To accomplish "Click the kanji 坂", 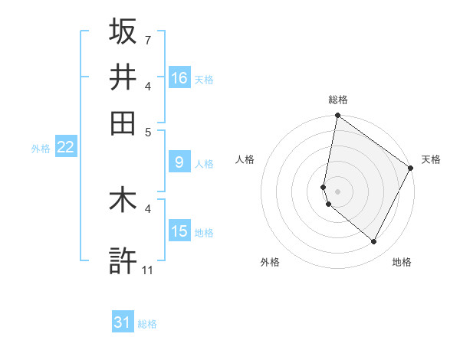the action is tap(123, 31).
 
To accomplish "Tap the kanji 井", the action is tap(123, 77).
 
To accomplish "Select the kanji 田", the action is tap(123, 123).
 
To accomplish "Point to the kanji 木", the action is tap(123, 201).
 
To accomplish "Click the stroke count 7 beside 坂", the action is tap(147, 39).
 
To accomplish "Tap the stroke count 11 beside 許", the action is tap(148, 270).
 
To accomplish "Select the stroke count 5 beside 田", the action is tap(147, 131).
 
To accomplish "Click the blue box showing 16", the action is tap(179, 78).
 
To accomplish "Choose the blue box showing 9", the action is tap(179, 162).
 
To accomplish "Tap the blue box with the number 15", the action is tap(179, 231).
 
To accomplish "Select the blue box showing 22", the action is tap(65, 147).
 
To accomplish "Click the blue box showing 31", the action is tap(123, 322).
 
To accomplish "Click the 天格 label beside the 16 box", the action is tap(204, 80).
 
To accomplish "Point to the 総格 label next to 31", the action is tap(147, 324).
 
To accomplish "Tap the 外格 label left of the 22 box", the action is tap(41, 149).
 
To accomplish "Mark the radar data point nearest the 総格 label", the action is tap(337, 116).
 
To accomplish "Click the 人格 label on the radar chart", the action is tap(245, 159).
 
